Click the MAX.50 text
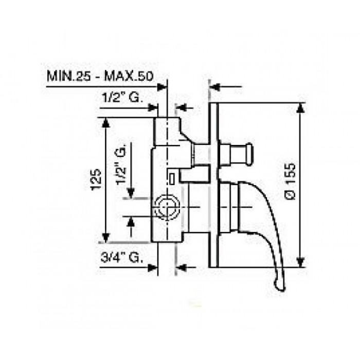tap(129, 76)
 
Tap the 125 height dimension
tap(96, 179)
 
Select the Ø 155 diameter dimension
tap(291, 181)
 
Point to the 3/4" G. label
tap(121, 258)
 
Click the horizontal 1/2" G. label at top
tap(122, 98)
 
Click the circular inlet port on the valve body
tap(166, 207)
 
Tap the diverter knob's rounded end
tap(249, 154)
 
